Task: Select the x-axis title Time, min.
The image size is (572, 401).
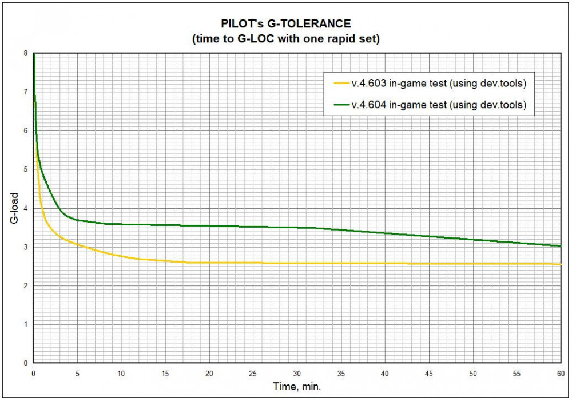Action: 297,387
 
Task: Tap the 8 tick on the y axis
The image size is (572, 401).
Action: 25,53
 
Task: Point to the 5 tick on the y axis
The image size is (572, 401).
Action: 25,169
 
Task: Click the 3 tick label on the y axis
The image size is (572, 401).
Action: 25,247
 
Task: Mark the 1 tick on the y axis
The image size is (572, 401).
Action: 25,324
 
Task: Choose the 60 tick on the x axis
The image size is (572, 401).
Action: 561,373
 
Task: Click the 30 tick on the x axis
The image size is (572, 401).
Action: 297,373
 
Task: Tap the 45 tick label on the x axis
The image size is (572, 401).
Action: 429,373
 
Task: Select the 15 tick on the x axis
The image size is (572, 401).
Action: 165,373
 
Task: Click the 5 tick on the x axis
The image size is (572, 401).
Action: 77,373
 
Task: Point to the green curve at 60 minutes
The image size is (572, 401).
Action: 560,246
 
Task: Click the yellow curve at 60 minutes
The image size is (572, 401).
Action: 560,264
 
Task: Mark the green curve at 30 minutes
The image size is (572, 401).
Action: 297,228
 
